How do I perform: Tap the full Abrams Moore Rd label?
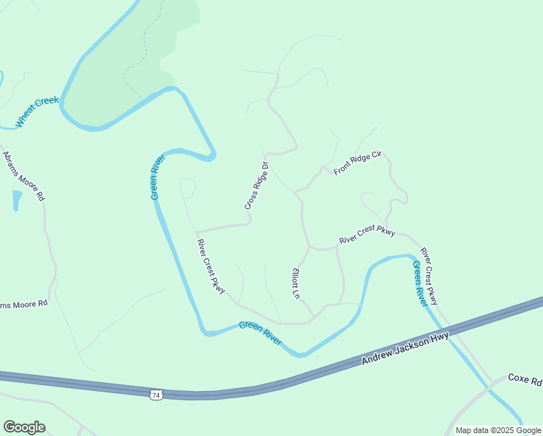tap(24, 177)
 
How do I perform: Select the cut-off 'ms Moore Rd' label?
tap(24, 304)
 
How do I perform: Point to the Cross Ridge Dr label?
tap(257, 187)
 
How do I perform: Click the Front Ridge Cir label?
tap(357, 164)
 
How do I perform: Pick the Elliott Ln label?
tap(295, 284)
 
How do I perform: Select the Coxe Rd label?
tap(524, 379)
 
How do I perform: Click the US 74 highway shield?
tap(155, 394)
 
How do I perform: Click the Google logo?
tap(24, 427)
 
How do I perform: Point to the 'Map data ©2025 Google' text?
tap(498, 430)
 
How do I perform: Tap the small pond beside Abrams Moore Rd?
tap(17, 200)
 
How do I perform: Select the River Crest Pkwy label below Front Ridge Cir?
tap(367, 234)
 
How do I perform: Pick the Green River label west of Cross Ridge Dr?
tap(157, 177)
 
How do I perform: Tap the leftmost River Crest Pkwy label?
tap(211, 265)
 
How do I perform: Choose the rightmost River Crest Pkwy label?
tap(430, 276)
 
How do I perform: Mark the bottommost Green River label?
tap(260, 334)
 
